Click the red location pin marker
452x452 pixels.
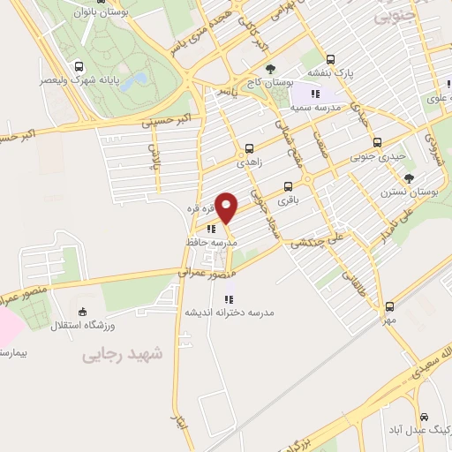(x=227, y=207)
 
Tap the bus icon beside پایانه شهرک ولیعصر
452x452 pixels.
(x=80, y=66)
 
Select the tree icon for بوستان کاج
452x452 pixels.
(x=270, y=69)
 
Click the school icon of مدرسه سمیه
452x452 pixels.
(x=314, y=93)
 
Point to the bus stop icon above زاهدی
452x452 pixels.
(x=248, y=148)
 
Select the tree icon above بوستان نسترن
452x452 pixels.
(x=408, y=177)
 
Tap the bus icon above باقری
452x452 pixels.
(x=288, y=186)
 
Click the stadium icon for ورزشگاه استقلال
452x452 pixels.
(x=82, y=312)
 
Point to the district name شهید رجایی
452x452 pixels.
(x=123, y=353)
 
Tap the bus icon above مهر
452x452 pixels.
(x=389, y=306)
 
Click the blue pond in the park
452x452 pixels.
(x=134, y=81)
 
